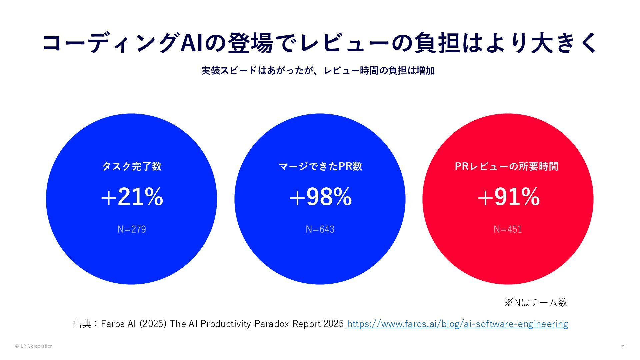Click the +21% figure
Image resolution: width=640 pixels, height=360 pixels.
coord(132,197)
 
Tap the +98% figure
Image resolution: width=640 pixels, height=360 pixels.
coord(320,197)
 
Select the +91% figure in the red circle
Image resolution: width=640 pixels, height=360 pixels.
coord(508,197)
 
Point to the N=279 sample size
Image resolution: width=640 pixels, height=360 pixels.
coord(132,229)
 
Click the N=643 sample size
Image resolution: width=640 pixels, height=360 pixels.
coord(320,229)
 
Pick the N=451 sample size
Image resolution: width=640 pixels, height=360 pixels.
coord(508,229)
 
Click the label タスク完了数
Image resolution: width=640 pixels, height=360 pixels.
coord(132,166)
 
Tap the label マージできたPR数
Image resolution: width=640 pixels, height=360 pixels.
coord(320,166)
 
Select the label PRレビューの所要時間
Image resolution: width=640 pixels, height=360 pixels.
coord(507,166)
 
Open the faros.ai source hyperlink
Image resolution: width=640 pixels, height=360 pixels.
coord(457,324)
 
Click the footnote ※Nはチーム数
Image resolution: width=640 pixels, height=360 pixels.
coord(536,302)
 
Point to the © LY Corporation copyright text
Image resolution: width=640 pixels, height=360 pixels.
coord(34,346)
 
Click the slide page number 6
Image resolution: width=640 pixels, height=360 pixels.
coord(623,346)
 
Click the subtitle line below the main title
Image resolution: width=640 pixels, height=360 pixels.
coord(318,71)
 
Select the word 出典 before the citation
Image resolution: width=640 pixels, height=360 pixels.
coord(82,324)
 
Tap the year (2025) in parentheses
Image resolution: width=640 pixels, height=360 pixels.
coord(153,324)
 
